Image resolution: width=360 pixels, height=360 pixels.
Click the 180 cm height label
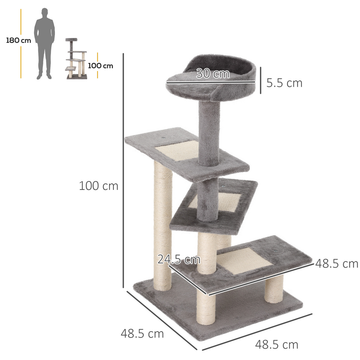18,40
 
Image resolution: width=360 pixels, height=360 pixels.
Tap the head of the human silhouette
45,13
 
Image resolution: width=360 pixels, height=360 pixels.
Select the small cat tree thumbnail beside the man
76,59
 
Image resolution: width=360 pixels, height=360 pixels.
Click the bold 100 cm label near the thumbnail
101,66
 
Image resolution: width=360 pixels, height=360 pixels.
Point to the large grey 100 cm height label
98,186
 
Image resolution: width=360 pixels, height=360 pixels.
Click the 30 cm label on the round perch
213,74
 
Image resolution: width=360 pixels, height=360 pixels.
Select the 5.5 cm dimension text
284,83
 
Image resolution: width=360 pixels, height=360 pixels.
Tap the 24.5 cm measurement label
179,260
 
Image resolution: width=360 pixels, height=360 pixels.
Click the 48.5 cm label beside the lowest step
336,263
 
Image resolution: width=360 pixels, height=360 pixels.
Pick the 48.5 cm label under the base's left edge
142,333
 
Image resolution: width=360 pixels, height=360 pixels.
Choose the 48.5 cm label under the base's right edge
276,345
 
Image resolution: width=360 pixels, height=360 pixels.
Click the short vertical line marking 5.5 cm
261,81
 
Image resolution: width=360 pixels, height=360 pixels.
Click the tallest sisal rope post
163,225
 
